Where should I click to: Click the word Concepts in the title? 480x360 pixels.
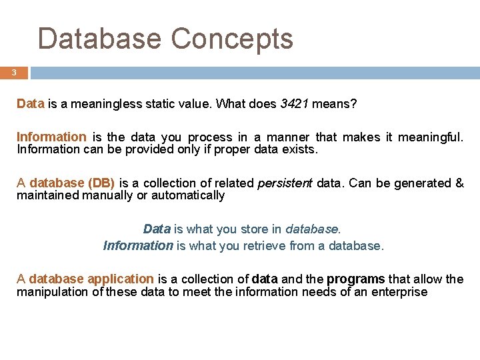click(232, 39)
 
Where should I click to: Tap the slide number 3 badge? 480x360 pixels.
click(13, 73)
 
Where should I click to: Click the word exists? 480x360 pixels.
click(301, 149)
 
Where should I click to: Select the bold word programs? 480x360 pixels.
click(356, 279)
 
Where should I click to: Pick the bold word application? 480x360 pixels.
click(121, 279)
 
